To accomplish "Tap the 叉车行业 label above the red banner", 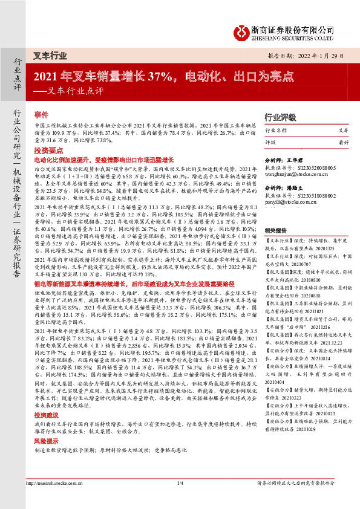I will coord(50,55).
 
